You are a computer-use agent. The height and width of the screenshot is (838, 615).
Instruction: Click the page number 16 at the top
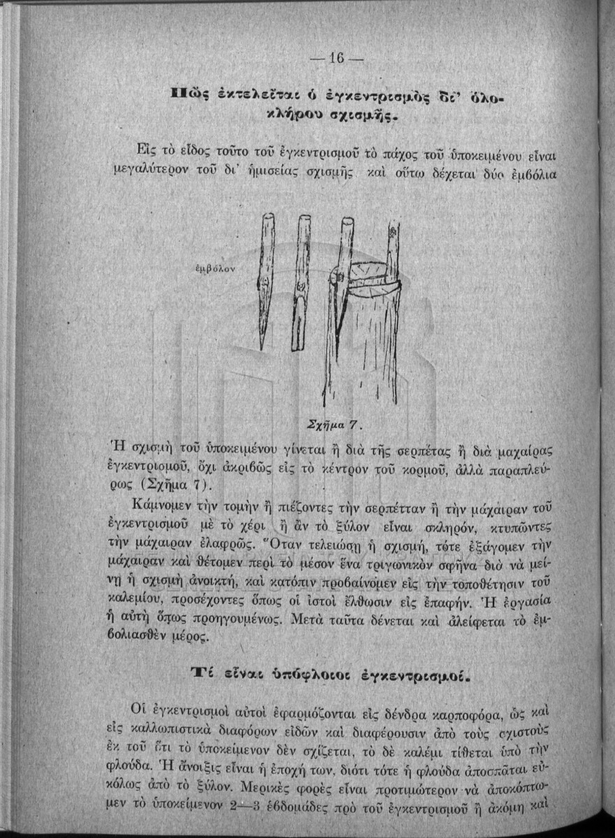coord(336,59)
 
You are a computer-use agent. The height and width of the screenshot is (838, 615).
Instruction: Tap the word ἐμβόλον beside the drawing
coord(216,267)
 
